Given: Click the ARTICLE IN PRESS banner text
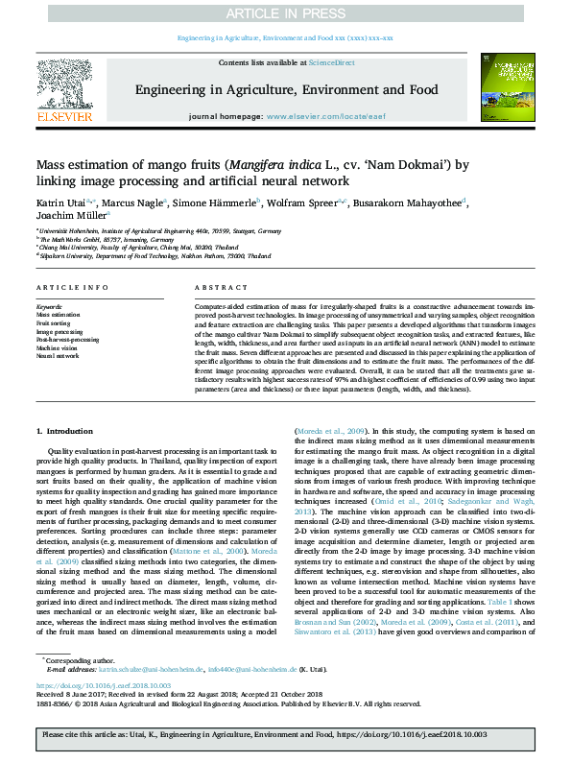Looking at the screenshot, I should coord(285,12).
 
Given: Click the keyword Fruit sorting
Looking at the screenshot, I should coord(54,322).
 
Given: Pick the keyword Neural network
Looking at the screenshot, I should coord(58,355).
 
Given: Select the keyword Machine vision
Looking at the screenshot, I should coord(59,347).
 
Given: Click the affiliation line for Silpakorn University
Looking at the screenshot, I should coord(154,257).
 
